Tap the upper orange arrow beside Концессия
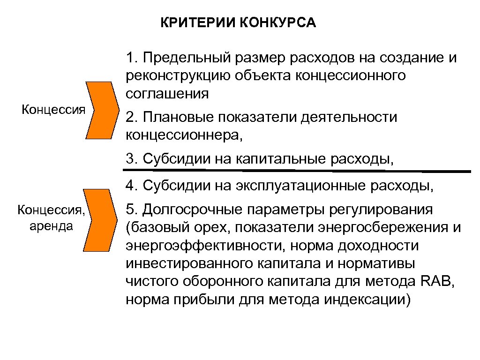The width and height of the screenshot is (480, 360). (101, 110)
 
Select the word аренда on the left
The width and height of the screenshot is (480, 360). (51, 226)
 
